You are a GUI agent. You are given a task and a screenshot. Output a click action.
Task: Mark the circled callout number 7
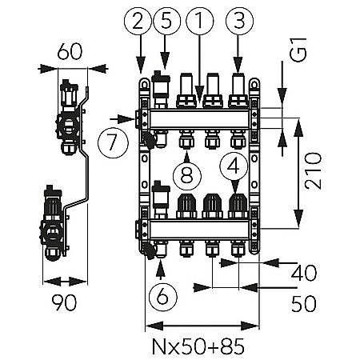pyautogui.click(x=112, y=144)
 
